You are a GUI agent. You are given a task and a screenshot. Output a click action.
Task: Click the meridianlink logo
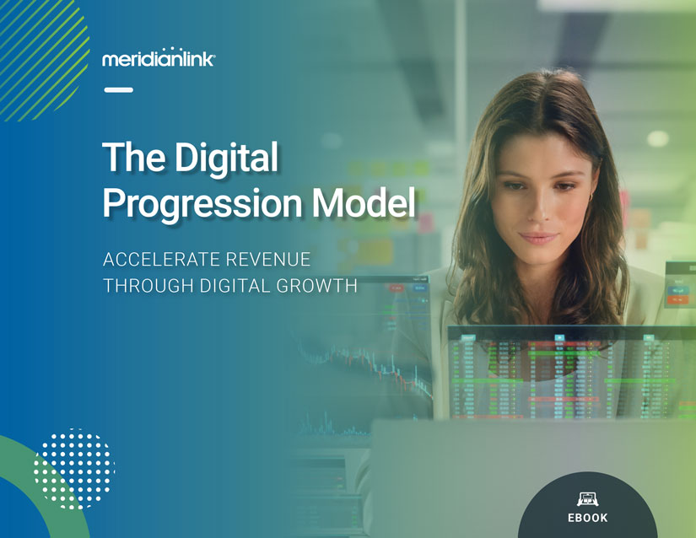(x=159, y=57)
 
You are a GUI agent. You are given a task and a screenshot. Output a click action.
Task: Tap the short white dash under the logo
(x=118, y=90)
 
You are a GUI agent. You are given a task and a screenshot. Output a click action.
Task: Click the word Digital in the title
(x=226, y=159)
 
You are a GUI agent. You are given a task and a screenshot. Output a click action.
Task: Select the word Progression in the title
(x=202, y=202)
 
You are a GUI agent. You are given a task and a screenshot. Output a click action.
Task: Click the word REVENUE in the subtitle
(x=267, y=260)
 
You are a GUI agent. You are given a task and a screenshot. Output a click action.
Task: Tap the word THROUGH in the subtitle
(x=148, y=286)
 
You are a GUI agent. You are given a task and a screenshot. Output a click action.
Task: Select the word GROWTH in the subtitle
(x=317, y=286)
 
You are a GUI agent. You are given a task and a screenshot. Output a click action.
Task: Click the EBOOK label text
(x=588, y=518)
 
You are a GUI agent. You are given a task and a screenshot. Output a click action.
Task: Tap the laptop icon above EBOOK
(x=588, y=499)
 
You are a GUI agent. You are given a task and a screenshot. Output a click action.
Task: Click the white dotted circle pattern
(x=74, y=469)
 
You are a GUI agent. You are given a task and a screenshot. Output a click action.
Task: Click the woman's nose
(x=541, y=208)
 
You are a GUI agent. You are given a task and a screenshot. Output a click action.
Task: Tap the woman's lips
(x=538, y=238)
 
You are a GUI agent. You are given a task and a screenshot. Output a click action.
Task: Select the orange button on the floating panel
(x=678, y=300)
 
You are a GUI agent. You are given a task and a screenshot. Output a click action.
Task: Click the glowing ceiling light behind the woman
(x=658, y=138)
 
